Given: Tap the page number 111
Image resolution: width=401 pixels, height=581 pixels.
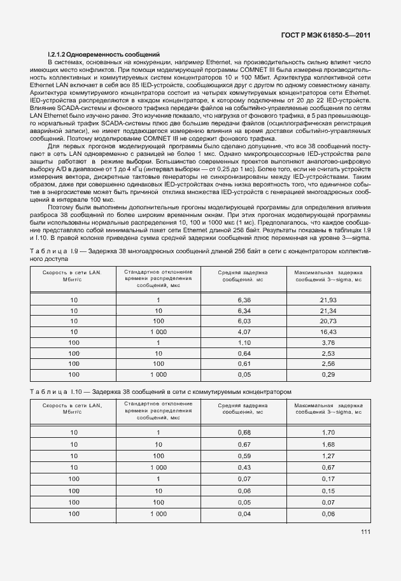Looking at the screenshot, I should [x=365, y=532].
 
